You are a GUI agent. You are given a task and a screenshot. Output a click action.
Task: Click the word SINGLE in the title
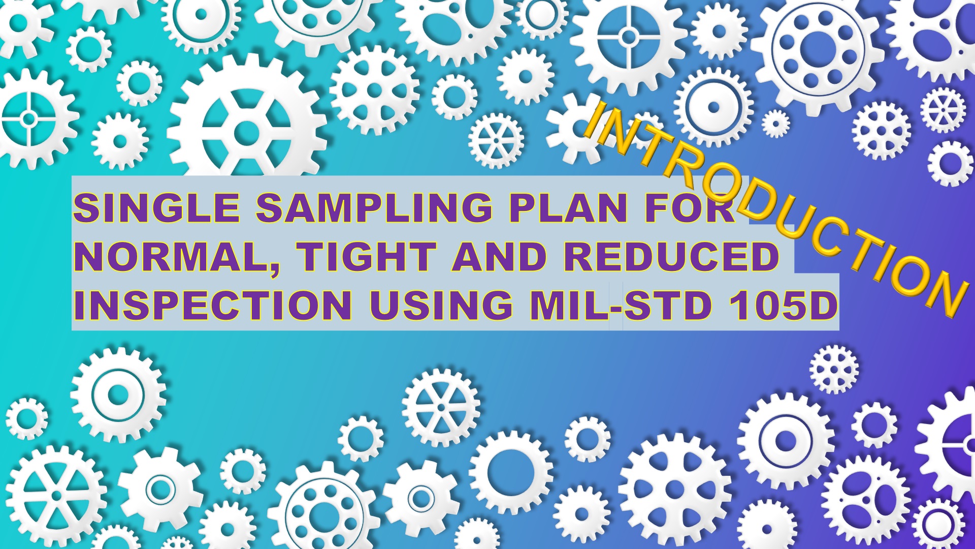[x=156, y=207]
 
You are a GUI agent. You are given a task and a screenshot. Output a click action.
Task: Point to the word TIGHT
[x=367, y=256]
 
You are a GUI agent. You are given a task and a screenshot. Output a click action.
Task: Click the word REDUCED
[x=671, y=256]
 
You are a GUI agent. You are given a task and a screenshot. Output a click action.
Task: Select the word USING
[x=441, y=305]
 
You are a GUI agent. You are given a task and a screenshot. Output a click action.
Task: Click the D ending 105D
[x=822, y=305]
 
